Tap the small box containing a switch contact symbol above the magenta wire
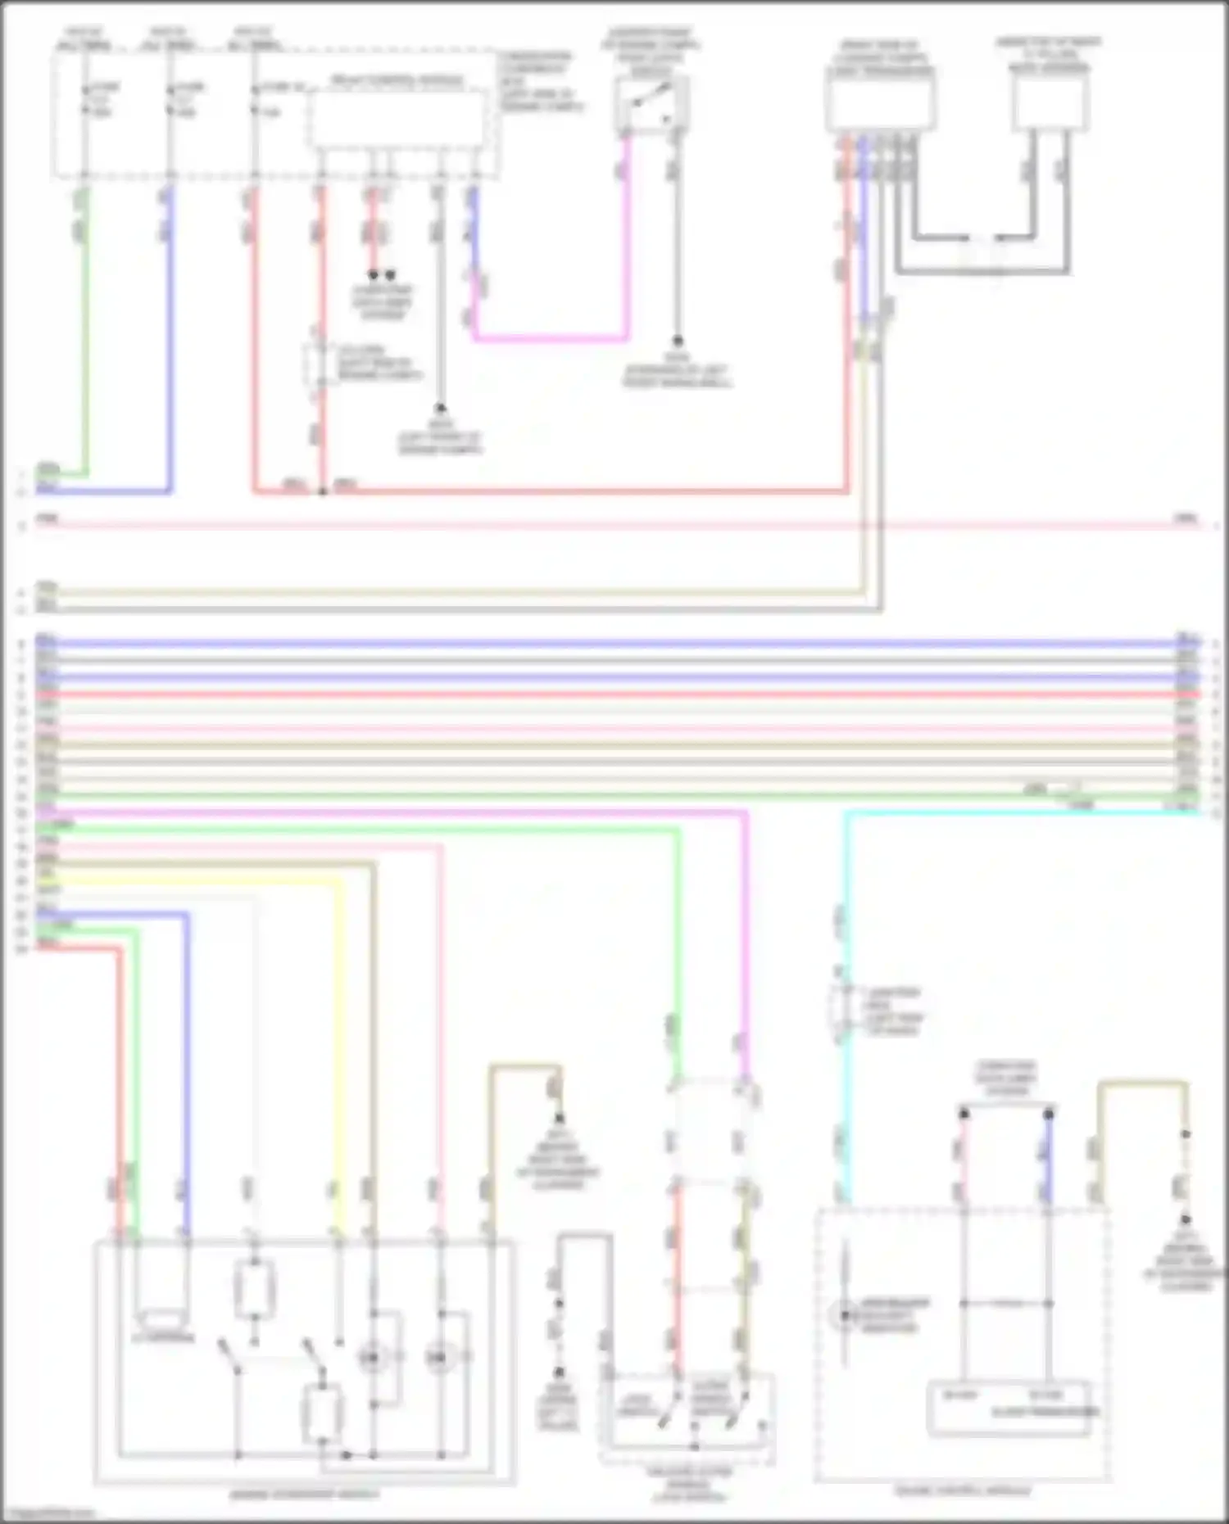[651, 104]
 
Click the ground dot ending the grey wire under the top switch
[677, 340]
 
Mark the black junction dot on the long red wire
[323, 491]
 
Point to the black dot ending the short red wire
[373, 275]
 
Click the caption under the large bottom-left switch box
[304, 1495]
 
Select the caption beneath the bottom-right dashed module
[963, 1490]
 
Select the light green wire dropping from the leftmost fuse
[84, 328]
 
